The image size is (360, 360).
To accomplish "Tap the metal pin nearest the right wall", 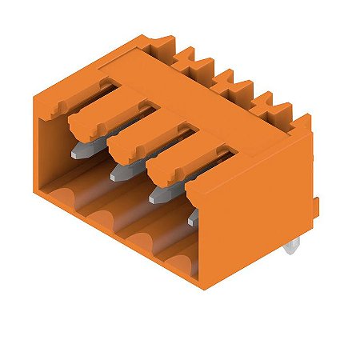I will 194,217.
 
